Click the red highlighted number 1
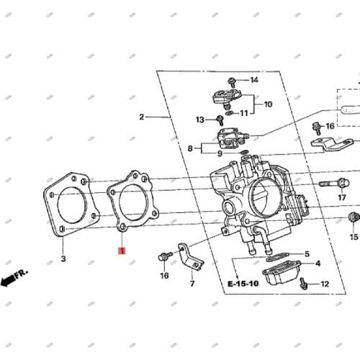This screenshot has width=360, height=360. pyautogui.click(x=122, y=251)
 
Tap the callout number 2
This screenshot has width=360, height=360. pyautogui.click(x=142, y=117)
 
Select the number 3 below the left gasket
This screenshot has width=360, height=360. pyautogui.click(x=63, y=258)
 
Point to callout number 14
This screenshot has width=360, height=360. pyautogui.click(x=253, y=80)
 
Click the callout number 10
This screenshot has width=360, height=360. pyautogui.click(x=268, y=104)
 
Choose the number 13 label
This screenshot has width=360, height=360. pyautogui.click(x=199, y=119)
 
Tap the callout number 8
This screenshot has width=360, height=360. pyautogui.click(x=190, y=148)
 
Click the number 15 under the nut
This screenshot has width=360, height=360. pyautogui.click(x=354, y=237)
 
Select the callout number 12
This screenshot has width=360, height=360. pyautogui.click(x=324, y=284)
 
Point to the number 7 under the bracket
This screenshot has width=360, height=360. pyautogui.click(x=192, y=284)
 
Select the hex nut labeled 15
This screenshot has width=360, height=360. pyautogui.click(x=353, y=217)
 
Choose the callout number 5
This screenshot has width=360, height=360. pyautogui.click(x=306, y=254)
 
